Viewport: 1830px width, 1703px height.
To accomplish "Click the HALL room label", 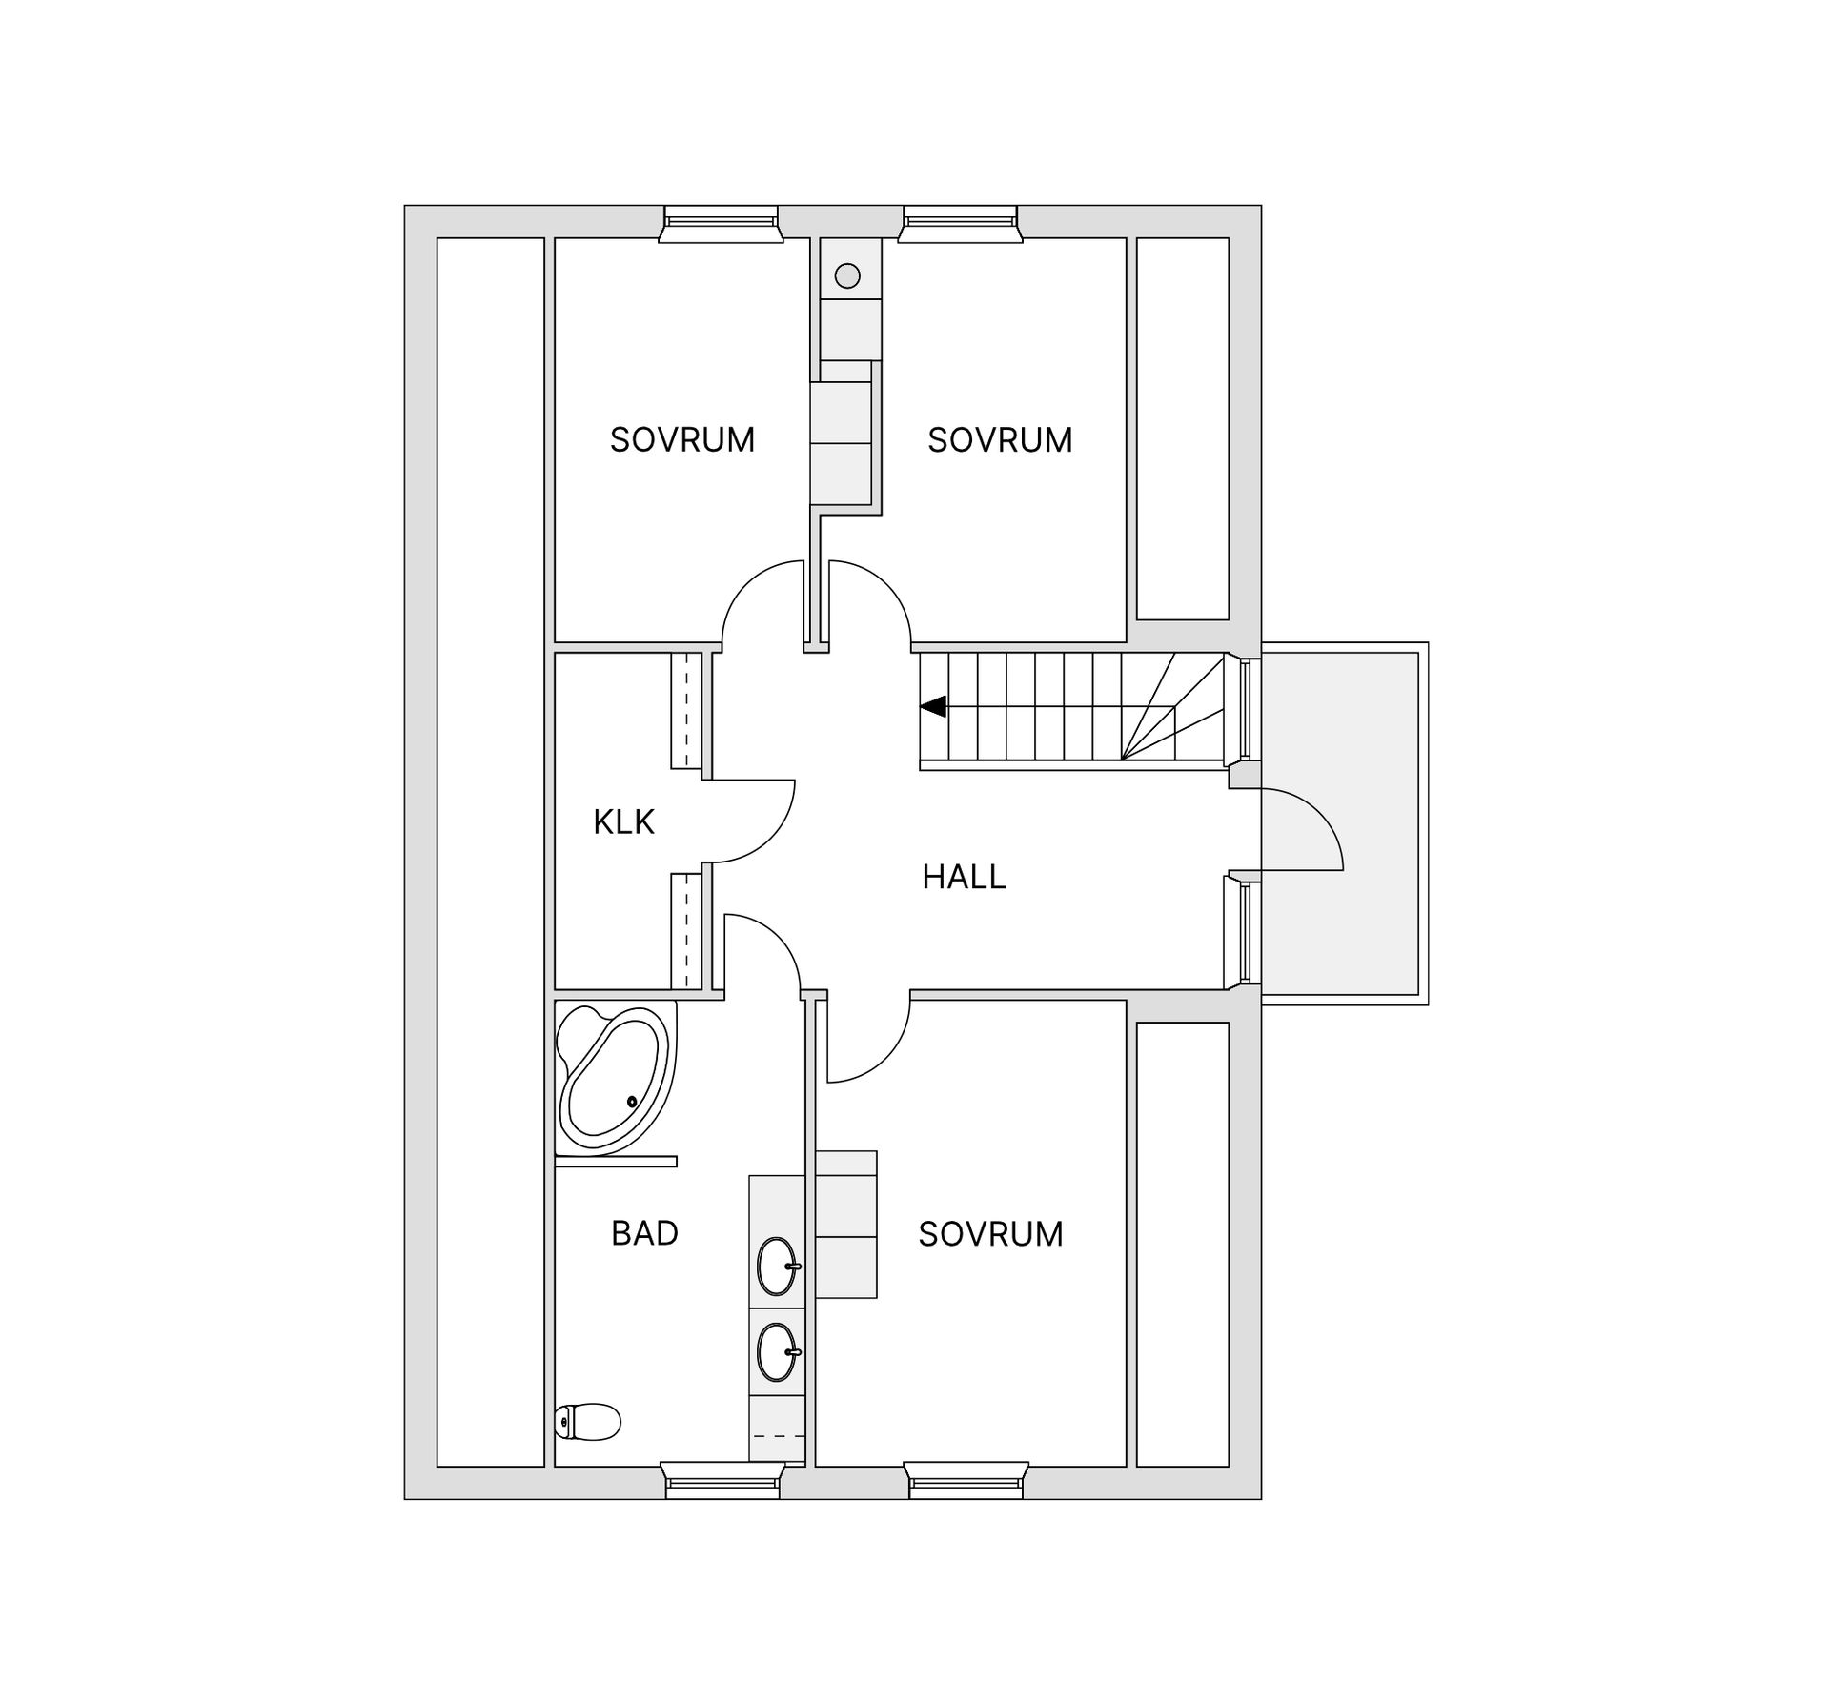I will (964, 877).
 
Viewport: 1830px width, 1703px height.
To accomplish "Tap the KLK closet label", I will (623, 821).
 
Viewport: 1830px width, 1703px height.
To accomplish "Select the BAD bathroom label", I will (644, 1233).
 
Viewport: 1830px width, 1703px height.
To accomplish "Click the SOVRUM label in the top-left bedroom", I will (682, 439).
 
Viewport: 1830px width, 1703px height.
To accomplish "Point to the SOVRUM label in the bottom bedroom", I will (990, 1234).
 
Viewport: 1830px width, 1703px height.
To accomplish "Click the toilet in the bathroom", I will (588, 1422).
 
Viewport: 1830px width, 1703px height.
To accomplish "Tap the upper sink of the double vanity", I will (777, 1266).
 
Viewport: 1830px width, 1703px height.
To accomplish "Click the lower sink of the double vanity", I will (777, 1351).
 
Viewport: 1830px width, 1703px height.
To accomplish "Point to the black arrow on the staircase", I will (933, 706).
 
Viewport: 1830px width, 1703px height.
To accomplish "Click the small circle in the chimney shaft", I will (847, 276).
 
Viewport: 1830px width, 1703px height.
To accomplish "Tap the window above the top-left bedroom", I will (721, 224).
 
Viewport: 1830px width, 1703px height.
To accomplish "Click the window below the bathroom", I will (722, 1481).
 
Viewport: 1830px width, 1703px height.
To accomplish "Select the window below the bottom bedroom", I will (966, 1481).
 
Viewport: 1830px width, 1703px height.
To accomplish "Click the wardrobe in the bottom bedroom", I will (845, 1224).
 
